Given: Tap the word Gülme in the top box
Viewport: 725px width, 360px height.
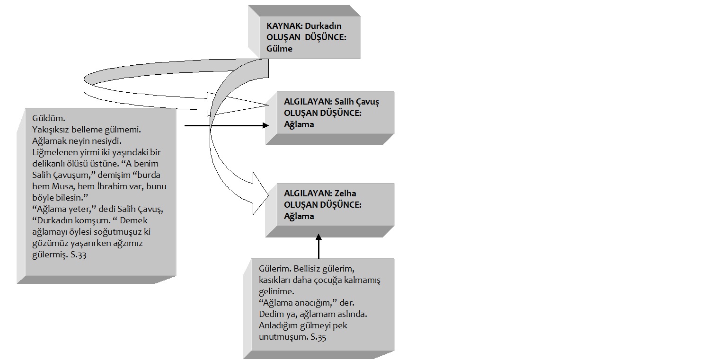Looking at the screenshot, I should pyautogui.click(x=279, y=48).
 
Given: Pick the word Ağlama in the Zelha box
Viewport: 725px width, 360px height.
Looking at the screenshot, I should pyautogui.click(x=299, y=216).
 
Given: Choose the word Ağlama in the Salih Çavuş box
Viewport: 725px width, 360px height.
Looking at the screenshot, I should pyautogui.click(x=299, y=124).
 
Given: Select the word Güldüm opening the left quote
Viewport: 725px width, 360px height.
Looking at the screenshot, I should pyautogui.click(x=46, y=118).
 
